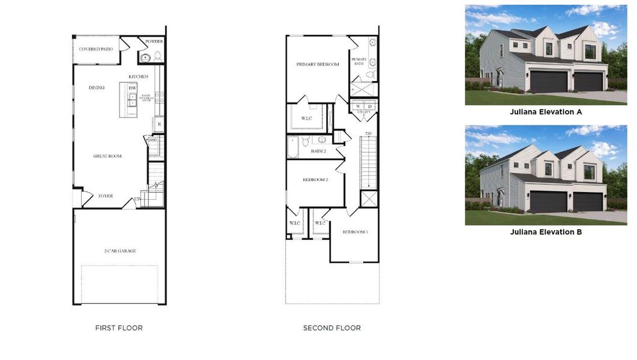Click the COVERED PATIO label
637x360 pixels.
98,49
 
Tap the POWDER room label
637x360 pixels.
154,41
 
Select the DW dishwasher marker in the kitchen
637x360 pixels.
132,88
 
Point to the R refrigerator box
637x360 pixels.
159,124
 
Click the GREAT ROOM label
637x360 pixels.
107,156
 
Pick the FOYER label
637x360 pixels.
106,196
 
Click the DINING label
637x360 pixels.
97,88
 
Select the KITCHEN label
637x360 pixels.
138,77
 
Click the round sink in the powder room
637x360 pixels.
145,58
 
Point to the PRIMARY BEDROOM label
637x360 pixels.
318,64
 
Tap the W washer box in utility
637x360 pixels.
358,107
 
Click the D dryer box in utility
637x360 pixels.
370,107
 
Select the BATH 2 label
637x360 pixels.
318,151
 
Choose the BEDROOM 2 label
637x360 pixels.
315,179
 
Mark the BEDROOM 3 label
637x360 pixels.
355,232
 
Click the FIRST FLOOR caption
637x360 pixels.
119,328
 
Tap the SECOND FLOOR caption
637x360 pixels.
332,328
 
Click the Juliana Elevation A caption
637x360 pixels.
546,112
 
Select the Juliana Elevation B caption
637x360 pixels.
546,232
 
